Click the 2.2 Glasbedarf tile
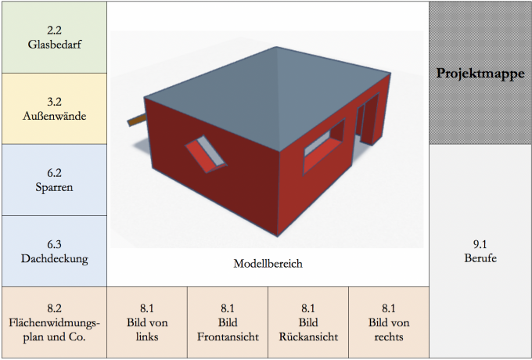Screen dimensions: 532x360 54,37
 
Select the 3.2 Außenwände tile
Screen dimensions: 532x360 54,109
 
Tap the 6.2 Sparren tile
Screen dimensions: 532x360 54,180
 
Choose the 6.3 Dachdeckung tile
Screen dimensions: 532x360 54,251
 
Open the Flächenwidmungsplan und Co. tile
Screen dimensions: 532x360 54,322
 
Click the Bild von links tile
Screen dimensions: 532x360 146,322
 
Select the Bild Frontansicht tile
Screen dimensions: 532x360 227,322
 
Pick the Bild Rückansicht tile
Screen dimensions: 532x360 307,322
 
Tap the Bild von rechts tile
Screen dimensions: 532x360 389,322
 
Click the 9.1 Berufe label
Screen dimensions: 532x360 480,251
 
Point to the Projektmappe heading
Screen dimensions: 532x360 480,74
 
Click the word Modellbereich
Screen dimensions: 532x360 268,264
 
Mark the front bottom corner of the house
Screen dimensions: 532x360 279,235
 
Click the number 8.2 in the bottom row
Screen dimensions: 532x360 54,308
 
